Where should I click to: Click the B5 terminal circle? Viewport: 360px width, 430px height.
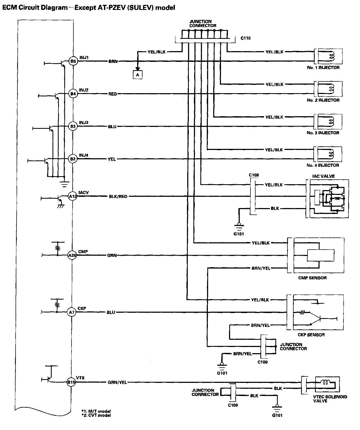pyautogui.click(x=73, y=61)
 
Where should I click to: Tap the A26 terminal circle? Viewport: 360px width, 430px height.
pyautogui.click(x=72, y=255)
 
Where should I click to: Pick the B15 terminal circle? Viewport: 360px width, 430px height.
pyautogui.click(x=71, y=382)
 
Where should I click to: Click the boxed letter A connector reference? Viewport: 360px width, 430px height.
pyautogui.click(x=137, y=75)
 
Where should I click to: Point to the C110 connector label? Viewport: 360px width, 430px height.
pyautogui.click(x=245, y=38)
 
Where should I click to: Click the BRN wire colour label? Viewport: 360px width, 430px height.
pyautogui.click(x=113, y=61)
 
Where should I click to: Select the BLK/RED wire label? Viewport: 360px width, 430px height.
pyautogui.click(x=118, y=196)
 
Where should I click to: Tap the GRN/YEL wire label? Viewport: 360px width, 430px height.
pyautogui.click(x=117, y=382)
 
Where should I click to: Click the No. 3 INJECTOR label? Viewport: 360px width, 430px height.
pyautogui.click(x=323, y=133)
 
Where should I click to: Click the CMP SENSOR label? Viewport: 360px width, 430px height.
pyautogui.click(x=312, y=278)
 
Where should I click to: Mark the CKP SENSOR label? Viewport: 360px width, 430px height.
pyautogui.click(x=311, y=335)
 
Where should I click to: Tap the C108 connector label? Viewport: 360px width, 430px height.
pyautogui.click(x=254, y=175)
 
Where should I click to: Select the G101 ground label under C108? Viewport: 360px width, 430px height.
pyautogui.click(x=239, y=234)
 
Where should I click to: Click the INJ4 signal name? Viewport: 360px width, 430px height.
pyautogui.click(x=84, y=155)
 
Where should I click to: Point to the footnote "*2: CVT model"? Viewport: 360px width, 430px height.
pyautogui.click(x=96, y=415)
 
